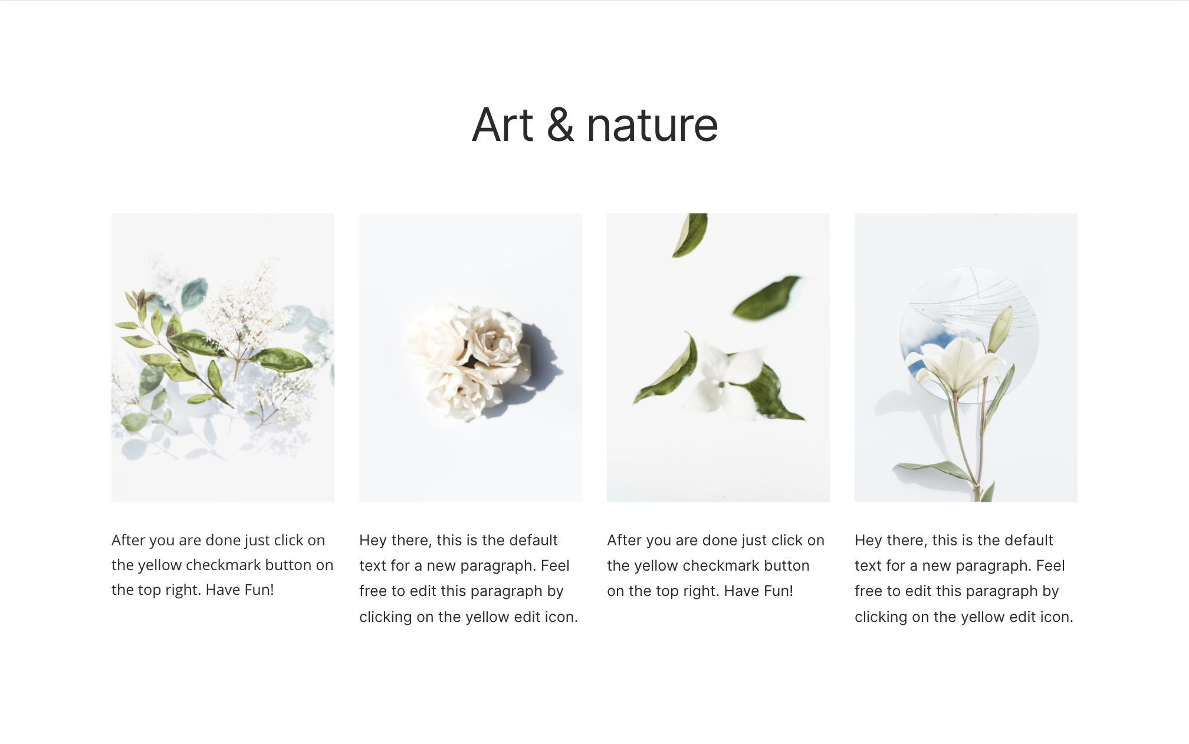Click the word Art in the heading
tap(502, 125)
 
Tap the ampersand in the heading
tap(560, 125)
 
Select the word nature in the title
tap(652, 126)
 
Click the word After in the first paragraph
tap(128, 540)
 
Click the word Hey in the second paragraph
tap(373, 541)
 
